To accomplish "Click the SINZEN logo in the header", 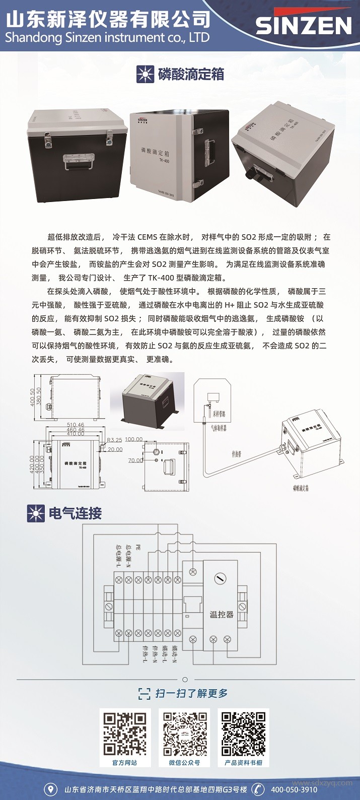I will pyautogui.click(x=303, y=25).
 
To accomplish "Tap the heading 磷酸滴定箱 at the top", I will pyautogui.click(x=191, y=75).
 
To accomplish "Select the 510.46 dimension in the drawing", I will pyautogui.click(x=76, y=425).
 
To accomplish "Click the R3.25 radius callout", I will pyautogui.click(x=114, y=440).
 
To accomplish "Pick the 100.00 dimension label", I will pyautogui.click(x=133, y=439).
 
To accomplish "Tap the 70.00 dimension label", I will pyautogui.click(x=135, y=460).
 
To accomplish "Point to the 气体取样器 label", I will pyautogui.click(x=218, y=428).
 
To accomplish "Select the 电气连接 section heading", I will pyautogui.click(x=75, y=513).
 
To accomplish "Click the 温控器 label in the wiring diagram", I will pyautogui.click(x=222, y=615).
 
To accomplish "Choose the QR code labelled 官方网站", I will pyautogui.click(x=125, y=734).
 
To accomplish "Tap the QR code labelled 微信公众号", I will pyautogui.click(x=184, y=734).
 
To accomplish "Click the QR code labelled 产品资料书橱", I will pyautogui.click(x=243, y=734).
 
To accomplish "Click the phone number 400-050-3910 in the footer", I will pyautogui.click(x=294, y=789).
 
